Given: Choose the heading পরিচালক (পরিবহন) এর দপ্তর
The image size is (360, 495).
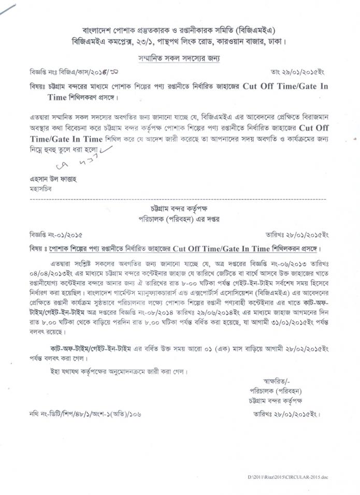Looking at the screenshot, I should pyautogui.click(x=180, y=219).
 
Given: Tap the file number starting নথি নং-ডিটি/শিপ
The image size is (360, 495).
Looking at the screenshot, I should pyautogui.click(x=86, y=414).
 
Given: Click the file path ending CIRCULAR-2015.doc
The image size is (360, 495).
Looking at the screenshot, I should pyautogui.click(x=287, y=476).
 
